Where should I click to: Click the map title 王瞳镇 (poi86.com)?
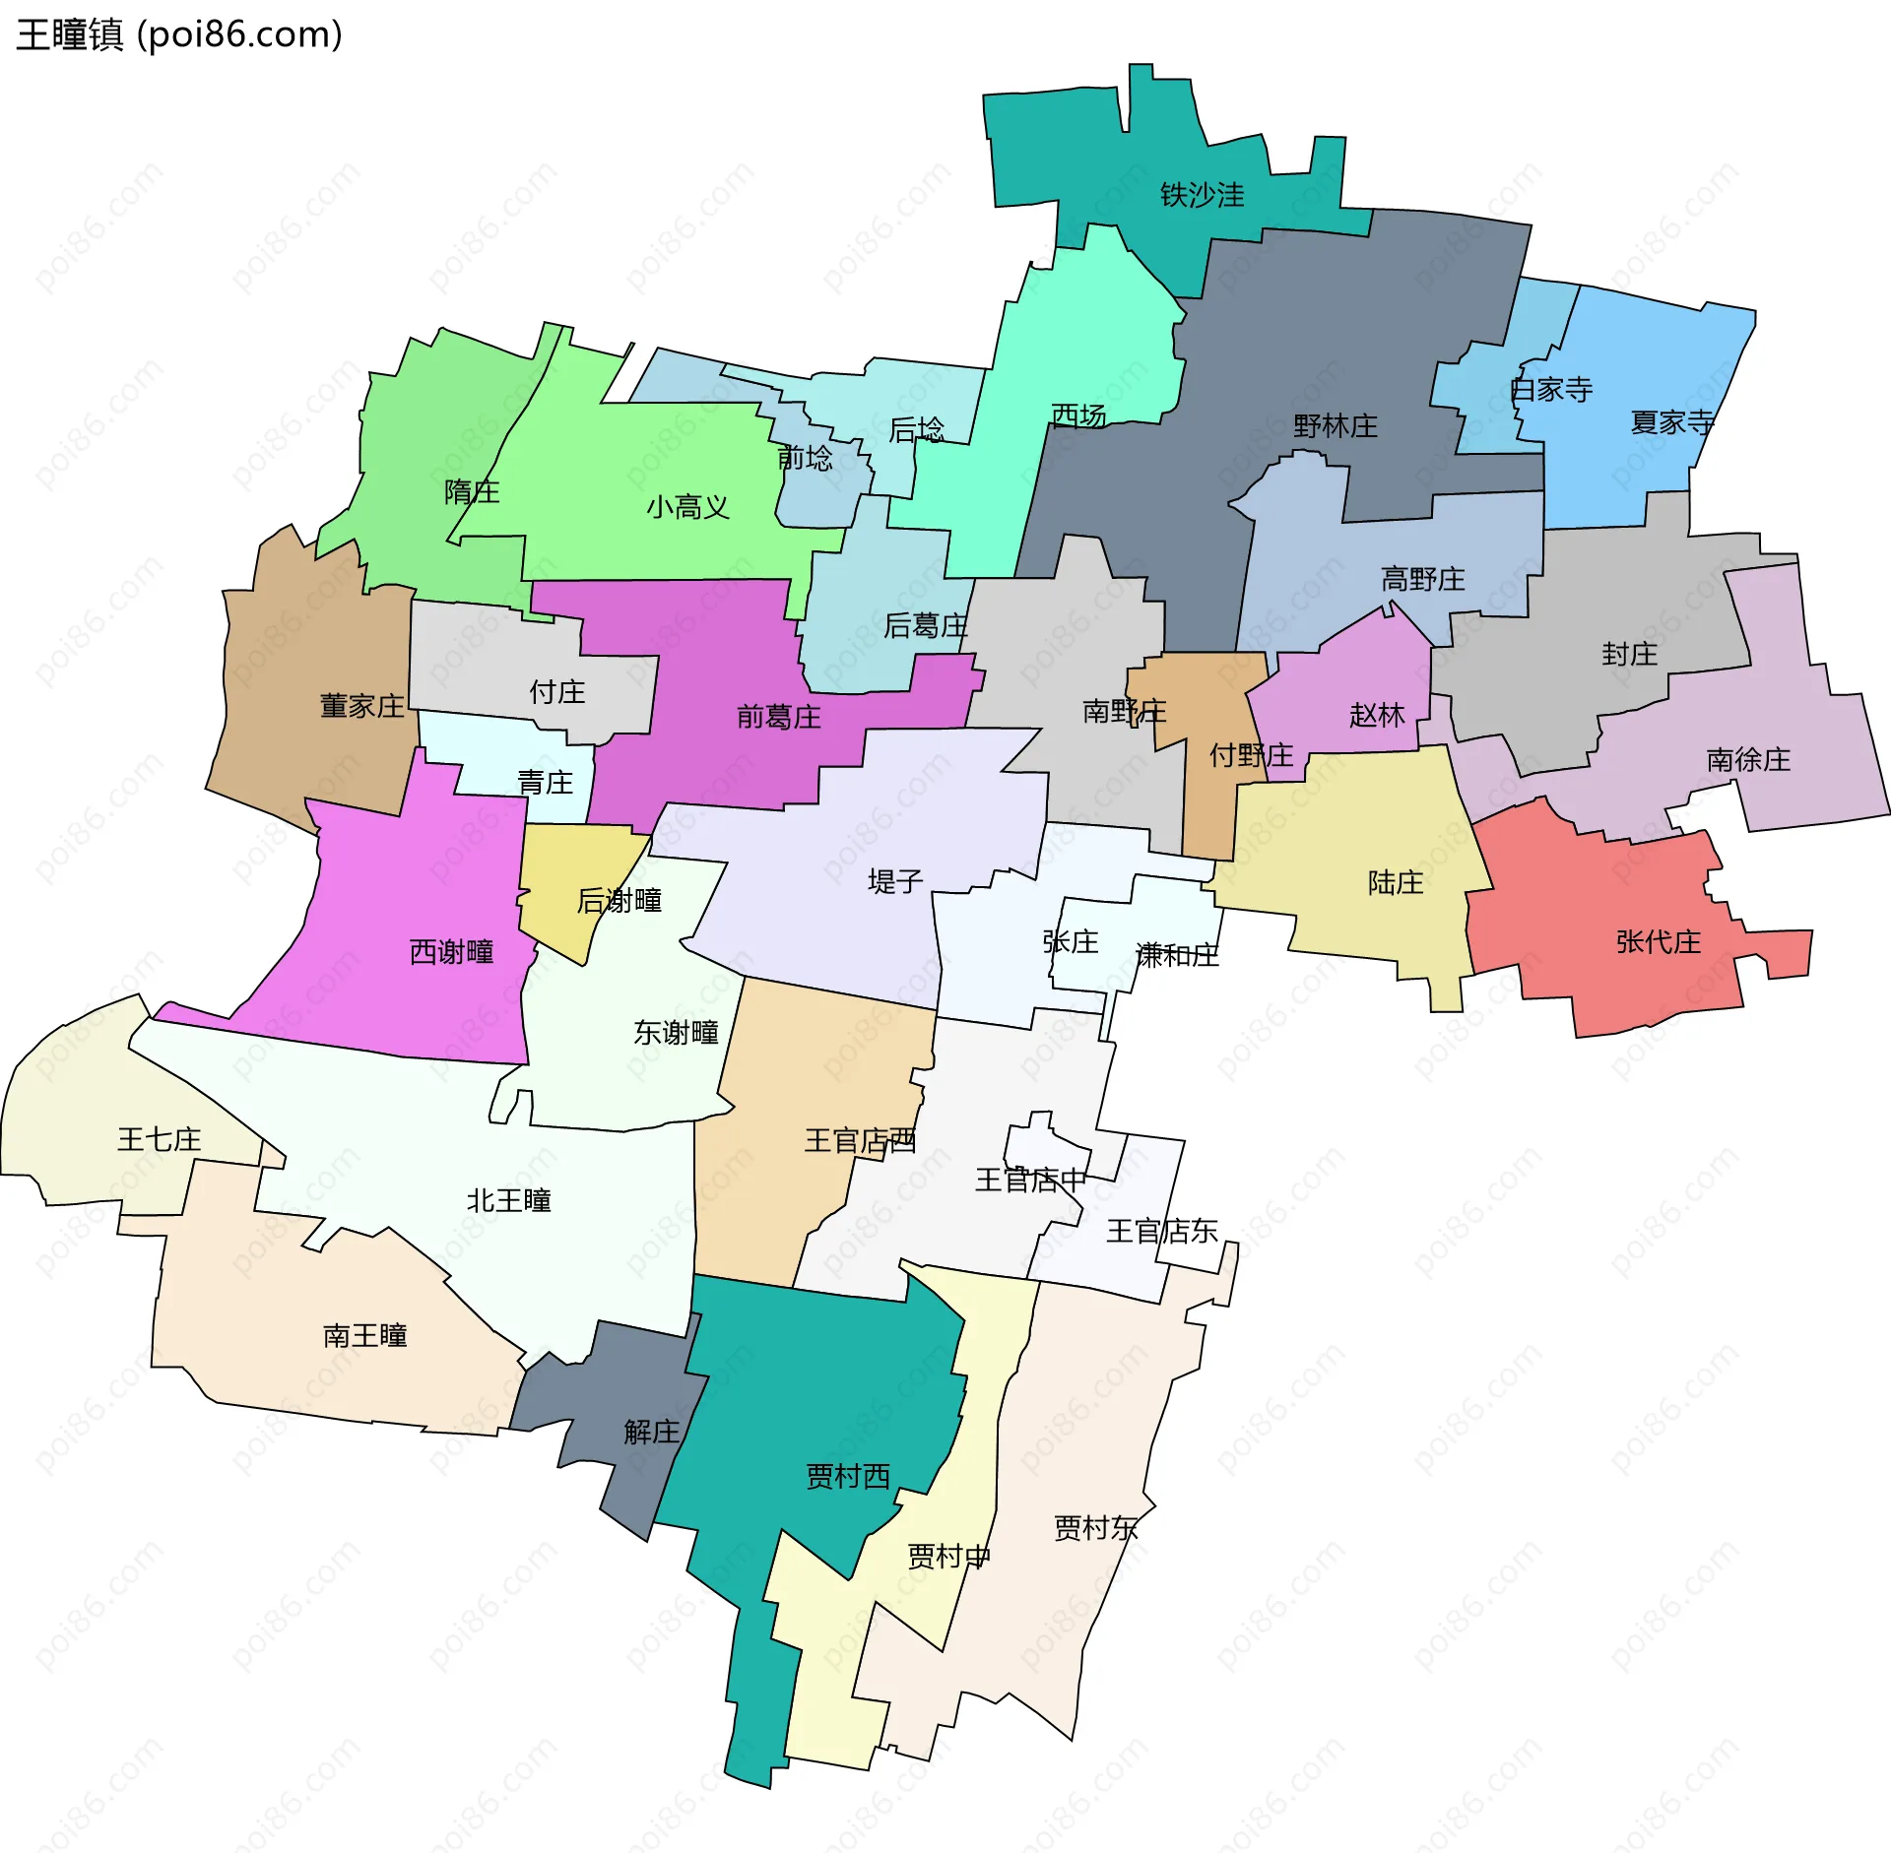pos(179,35)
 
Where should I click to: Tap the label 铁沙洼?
pos(1202,195)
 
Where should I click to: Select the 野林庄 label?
pos(1336,426)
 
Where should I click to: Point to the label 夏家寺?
pos(1672,422)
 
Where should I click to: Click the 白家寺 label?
pos(1551,390)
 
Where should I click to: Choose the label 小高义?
pos(687,507)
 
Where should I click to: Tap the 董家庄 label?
pos(361,706)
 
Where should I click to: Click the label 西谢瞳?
pos(451,951)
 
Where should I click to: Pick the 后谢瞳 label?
pos(619,900)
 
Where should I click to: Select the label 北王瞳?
pos(508,1200)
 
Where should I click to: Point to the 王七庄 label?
pos(159,1139)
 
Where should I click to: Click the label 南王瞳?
pos(364,1335)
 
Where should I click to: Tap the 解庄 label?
pos(651,1431)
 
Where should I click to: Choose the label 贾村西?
pos(848,1476)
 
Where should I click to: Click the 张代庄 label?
pos(1659,941)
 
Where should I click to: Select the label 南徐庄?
pos(1748,759)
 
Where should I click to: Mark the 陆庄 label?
pos(1396,882)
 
